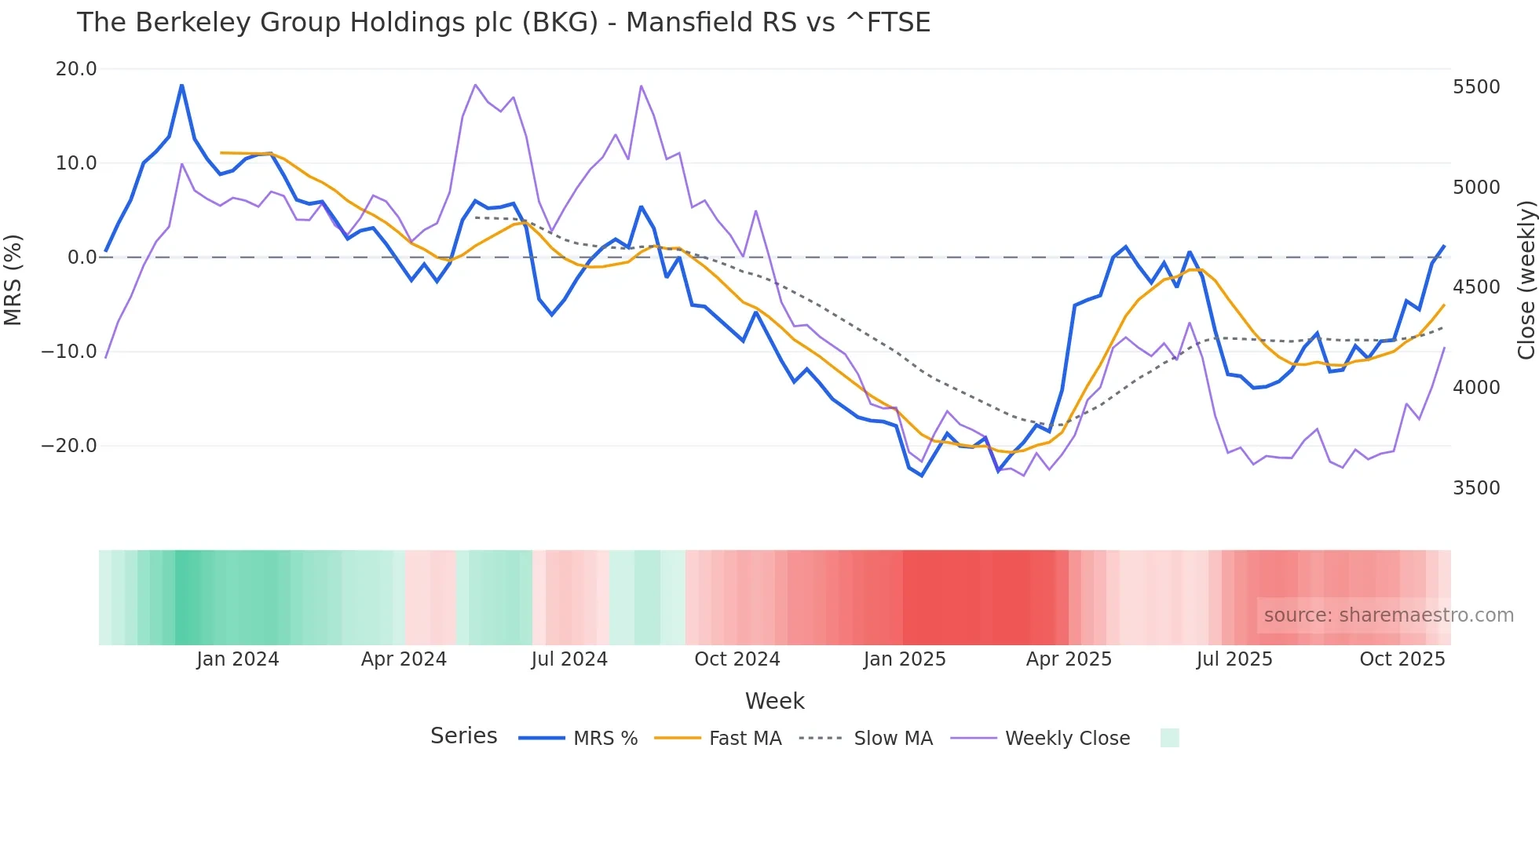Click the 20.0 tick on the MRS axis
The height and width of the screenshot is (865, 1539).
[75, 69]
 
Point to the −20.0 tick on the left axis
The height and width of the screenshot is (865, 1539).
[69, 446]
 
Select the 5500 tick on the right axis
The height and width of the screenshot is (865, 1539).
[1476, 87]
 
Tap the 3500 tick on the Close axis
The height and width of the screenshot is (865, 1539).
[1476, 488]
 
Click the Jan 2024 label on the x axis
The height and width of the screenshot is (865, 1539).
[237, 659]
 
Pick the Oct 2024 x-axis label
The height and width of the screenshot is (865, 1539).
[737, 659]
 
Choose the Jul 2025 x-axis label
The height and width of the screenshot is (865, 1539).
[1234, 659]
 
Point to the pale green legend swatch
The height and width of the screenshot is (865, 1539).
[1169, 738]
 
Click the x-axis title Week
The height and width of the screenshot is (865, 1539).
[774, 701]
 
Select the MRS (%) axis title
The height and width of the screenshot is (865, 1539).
[13, 280]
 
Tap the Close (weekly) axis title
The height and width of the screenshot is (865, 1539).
[1526, 280]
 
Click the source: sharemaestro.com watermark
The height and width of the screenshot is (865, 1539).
[1388, 615]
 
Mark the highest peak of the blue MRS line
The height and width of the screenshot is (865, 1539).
[181, 85]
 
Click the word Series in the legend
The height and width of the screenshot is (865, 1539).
[463, 736]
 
